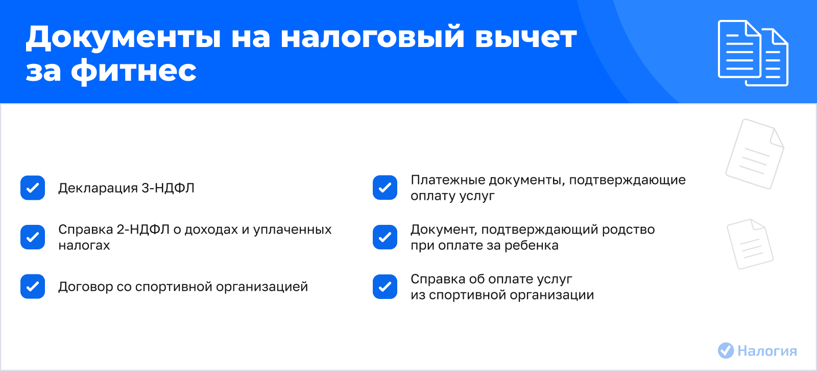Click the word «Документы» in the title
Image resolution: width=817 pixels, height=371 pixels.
click(123, 37)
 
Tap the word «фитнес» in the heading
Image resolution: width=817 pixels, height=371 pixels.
click(133, 71)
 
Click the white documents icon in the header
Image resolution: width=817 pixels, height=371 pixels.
click(753, 53)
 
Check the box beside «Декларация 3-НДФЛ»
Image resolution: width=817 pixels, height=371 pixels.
click(33, 188)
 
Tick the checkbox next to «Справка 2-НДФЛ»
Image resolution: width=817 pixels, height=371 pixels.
click(33, 237)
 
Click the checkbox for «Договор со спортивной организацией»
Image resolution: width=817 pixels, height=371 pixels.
click(33, 286)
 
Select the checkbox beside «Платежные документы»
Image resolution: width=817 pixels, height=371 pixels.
click(385, 188)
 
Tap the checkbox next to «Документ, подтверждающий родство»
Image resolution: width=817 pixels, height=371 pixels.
click(385, 237)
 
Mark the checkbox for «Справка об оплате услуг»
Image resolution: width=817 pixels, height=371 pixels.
click(385, 286)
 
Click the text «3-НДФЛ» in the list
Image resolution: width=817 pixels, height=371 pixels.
click(168, 188)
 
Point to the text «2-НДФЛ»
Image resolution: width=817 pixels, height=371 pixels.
click(143, 229)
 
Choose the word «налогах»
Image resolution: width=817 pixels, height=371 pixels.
click(84, 245)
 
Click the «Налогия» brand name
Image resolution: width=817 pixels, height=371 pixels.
click(767, 351)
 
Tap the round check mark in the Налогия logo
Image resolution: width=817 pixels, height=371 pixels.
click(726, 351)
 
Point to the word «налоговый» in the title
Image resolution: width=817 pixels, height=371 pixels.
click(372, 37)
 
